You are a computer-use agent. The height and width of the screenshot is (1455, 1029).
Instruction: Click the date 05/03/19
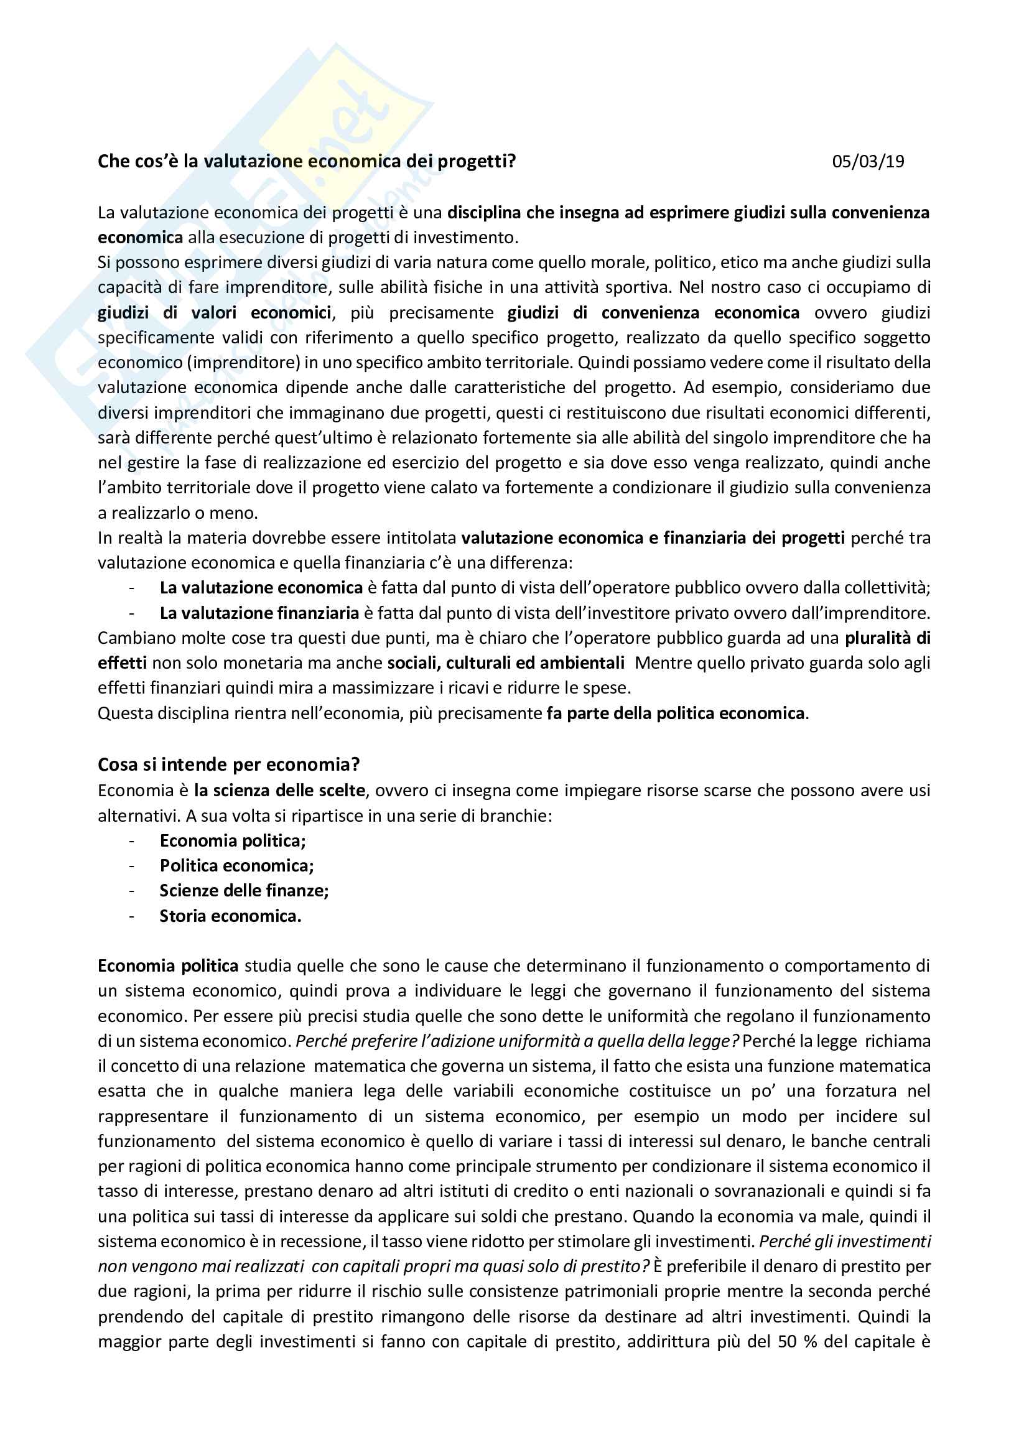click(867, 162)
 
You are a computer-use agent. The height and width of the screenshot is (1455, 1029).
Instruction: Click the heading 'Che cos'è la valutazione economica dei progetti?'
click(307, 162)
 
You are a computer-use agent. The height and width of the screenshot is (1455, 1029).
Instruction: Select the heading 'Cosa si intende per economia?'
click(229, 765)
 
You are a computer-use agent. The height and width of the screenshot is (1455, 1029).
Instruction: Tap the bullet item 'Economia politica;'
click(233, 840)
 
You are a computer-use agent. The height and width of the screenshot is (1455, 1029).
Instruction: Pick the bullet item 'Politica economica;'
click(236, 866)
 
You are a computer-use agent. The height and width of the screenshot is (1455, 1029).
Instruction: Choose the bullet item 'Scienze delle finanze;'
click(244, 890)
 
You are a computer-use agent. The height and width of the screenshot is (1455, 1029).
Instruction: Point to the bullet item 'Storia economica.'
click(230, 916)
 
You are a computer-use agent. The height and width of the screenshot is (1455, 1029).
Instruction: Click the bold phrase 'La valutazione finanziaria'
click(259, 613)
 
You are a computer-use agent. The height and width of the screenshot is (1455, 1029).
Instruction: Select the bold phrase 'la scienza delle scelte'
click(279, 790)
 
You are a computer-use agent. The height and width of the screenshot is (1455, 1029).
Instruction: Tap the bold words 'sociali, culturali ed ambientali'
click(506, 663)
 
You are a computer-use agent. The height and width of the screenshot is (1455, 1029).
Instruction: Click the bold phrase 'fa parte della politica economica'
click(676, 713)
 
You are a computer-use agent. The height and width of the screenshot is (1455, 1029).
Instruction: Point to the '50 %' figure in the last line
click(797, 1342)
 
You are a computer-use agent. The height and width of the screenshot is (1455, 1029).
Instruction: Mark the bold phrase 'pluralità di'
click(887, 638)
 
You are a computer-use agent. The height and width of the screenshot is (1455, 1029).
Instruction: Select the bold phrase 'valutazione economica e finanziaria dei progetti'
click(653, 538)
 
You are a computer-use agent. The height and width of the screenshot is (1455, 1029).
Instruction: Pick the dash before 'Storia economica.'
click(132, 916)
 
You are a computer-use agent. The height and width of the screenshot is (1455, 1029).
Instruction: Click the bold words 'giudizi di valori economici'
click(214, 312)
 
